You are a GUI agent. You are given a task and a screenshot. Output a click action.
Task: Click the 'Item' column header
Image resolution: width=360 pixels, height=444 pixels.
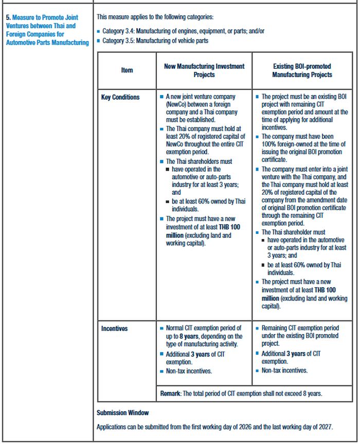click(x=127, y=70)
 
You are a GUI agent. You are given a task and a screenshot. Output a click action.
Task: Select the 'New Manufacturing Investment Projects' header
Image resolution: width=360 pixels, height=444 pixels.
click(x=204, y=70)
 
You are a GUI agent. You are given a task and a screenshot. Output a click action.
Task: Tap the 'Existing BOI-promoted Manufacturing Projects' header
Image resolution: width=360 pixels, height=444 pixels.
click(x=302, y=70)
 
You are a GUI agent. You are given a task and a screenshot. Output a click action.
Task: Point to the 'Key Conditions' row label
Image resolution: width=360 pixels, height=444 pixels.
click(x=120, y=97)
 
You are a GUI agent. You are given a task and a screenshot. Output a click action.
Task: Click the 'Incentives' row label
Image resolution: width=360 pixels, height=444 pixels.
click(x=114, y=328)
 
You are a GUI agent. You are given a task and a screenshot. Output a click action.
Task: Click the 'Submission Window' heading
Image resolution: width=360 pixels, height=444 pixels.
click(x=122, y=413)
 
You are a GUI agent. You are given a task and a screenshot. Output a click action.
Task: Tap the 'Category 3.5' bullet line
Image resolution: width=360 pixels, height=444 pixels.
click(x=155, y=41)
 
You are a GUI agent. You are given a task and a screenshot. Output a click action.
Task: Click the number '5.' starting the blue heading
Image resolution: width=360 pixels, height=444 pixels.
click(x=8, y=17)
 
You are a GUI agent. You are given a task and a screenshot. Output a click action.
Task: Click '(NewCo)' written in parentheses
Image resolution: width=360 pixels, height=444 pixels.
click(x=177, y=104)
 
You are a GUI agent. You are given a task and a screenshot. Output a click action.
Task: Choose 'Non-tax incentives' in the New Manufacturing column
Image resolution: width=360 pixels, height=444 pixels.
click(x=189, y=371)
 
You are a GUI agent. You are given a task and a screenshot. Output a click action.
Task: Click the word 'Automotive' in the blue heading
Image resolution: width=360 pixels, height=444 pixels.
click(x=21, y=42)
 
